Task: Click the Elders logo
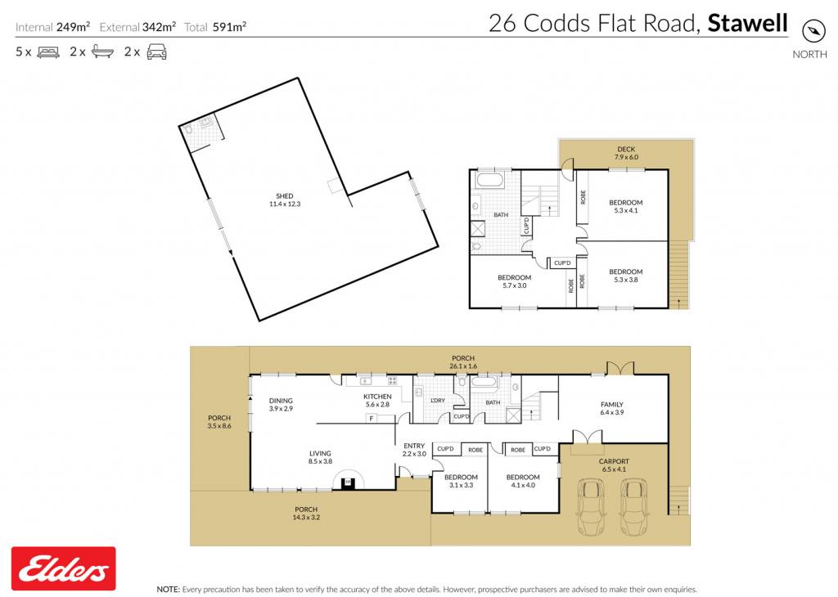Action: pyautogui.click(x=63, y=568)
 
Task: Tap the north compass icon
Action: pyautogui.click(x=813, y=31)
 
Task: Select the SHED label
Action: pyautogui.click(x=284, y=196)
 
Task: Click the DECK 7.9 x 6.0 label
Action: pyautogui.click(x=626, y=153)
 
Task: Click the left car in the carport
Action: pyautogui.click(x=591, y=506)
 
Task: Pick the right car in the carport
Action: pyautogui.click(x=634, y=506)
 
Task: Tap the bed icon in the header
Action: pyautogui.click(x=48, y=52)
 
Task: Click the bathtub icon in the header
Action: pyautogui.click(x=102, y=52)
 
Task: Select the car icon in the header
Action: pyautogui.click(x=156, y=52)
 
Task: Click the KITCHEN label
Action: pyautogui.click(x=377, y=396)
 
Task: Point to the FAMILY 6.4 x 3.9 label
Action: pyautogui.click(x=612, y=409)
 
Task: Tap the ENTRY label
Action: pyautogui.click(x=414, y=446)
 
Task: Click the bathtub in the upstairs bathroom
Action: pyautogui.click(x=490, y=179)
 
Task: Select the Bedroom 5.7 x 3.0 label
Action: pyautogui.click(x=514, y=281)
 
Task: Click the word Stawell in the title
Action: pyautogui.click(x=748, y=23)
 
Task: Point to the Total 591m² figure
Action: pyautogui.click(x=215, y=27)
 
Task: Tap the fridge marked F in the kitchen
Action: pyautogui.click(x=372, y=419)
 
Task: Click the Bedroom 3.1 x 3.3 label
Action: pyautogui.click(x=461, y=481)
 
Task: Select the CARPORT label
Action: pyautogui.click(x=614, y=461)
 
